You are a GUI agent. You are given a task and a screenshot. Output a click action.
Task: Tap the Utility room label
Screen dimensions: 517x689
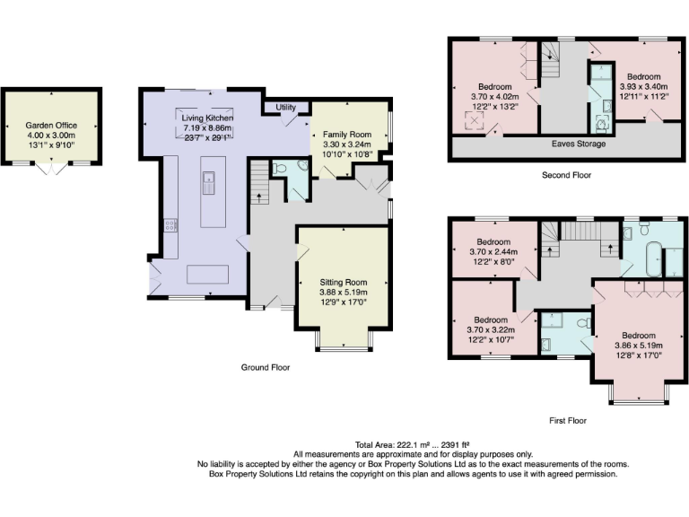[x=286, y=108]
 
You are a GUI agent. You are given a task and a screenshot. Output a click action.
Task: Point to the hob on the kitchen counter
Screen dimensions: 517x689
[x=170, y=225]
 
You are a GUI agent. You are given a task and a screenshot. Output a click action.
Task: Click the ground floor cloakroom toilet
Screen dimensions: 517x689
[x=277, y=167]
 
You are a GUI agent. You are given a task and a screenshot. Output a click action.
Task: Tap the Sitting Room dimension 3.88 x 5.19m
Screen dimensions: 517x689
[x=344, y=293]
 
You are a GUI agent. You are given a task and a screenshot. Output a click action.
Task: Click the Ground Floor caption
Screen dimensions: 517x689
[x=266, y=367]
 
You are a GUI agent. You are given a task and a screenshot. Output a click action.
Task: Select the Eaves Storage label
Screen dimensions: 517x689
[x=579, y=144]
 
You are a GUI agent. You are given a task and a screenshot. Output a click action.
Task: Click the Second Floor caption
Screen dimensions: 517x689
[x=566, y=175]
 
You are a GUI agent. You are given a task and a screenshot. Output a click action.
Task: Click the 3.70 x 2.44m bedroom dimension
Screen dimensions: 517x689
[x=493, y=253]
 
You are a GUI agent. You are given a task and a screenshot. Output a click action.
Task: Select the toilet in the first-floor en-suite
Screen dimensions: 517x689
[x=582, y=321]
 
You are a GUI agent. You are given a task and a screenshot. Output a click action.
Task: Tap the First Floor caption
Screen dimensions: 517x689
[x=567, y=420]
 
